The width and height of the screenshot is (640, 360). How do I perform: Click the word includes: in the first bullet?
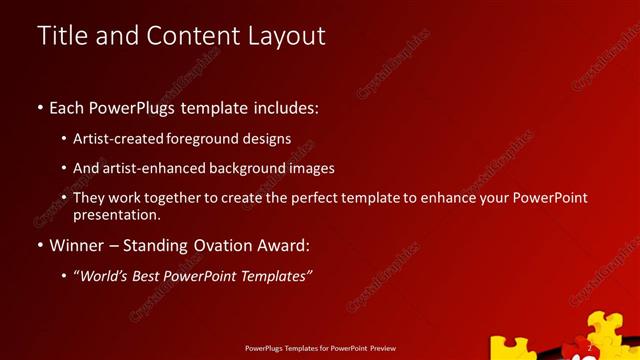(285, 107)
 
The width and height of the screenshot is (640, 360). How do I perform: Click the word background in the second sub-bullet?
(252, 168)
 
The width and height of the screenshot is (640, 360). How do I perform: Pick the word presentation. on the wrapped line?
(117, 214)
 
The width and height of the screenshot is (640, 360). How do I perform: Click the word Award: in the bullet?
(286, 245)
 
